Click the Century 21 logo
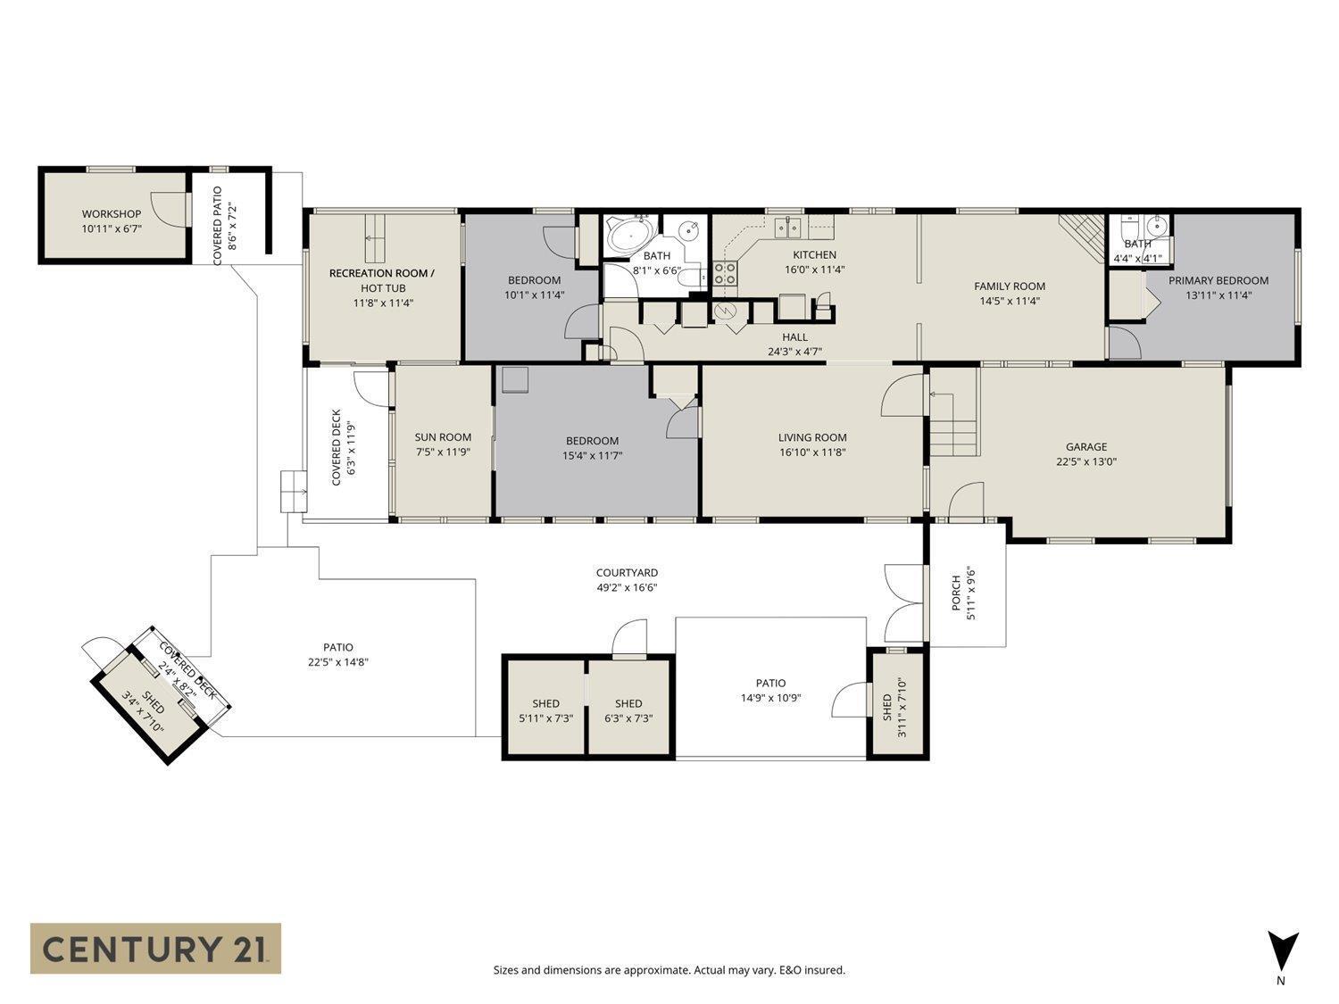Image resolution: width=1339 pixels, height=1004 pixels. tap(156, 948)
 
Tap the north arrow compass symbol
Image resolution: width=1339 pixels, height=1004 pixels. tap(1283, 951)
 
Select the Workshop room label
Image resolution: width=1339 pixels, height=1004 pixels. tap(112, 214)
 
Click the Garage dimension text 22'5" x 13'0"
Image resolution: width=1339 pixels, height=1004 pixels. tap(1086, 461)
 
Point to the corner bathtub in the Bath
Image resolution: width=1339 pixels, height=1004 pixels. tap(630, 236)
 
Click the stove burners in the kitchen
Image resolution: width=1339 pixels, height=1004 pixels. tap(725, 273)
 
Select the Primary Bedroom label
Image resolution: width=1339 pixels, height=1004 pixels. tap(1218, 280)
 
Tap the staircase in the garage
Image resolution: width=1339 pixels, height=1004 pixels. tap(954, 424)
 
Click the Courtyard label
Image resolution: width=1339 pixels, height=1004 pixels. tap(627, 573)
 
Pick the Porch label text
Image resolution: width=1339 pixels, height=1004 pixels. tap(955, 593)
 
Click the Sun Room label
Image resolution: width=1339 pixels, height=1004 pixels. tap(443, 437)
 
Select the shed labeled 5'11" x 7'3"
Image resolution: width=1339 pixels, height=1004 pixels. tap(545, 709)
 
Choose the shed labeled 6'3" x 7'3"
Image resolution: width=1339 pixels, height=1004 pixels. tap(628, 709)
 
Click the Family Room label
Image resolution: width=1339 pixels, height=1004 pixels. tap(1010, 286)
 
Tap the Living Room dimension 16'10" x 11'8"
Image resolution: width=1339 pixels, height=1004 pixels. tap(812, 452)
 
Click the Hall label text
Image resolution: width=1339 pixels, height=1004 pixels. tap(794, 336)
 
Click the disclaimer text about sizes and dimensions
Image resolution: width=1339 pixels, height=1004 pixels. tap(669, 970)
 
